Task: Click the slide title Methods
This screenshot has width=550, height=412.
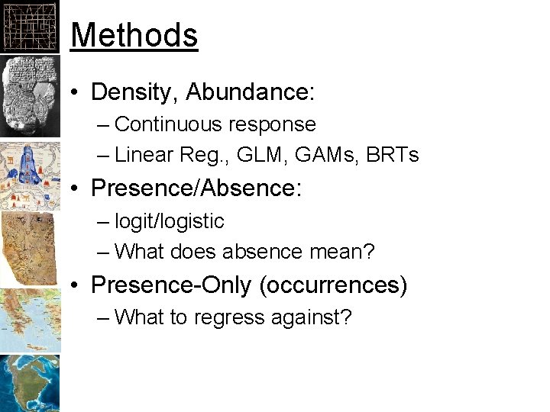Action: (134, 35)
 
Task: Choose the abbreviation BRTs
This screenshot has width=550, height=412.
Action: (392, 156)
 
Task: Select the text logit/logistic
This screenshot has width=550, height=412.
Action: (169, 221)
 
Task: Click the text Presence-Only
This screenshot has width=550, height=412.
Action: (170, 285)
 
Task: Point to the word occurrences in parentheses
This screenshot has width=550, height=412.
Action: (334, 285)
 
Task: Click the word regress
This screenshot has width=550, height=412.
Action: (222, 317)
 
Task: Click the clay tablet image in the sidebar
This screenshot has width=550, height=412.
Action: (29, 96)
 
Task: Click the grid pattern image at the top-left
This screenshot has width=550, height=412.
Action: (29, 26)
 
